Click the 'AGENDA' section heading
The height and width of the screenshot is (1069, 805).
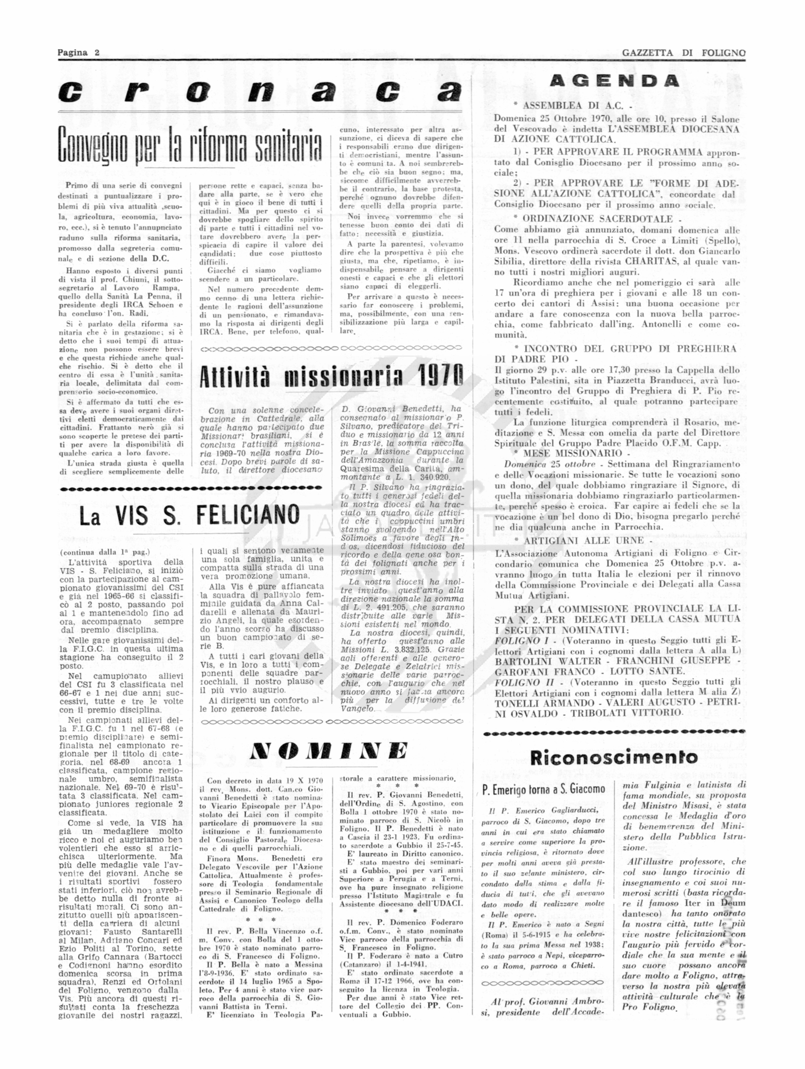[x=614, y=81]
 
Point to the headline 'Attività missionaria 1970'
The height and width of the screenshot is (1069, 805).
[x=331, y=376]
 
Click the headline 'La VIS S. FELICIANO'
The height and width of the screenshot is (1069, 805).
[x=189, y=516]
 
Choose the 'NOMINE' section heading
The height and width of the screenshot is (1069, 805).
[x=330, y=750]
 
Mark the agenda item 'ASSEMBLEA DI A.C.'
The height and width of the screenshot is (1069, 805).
[x=573, y=105]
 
